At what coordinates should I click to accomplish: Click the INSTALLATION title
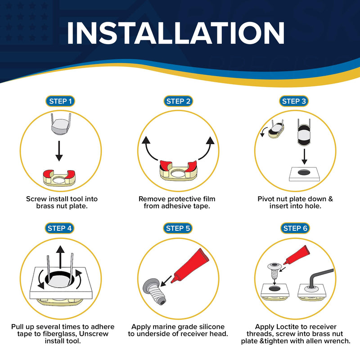(175, 33)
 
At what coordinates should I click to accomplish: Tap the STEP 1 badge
(60, 101)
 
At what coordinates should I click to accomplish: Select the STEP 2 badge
(178, 101)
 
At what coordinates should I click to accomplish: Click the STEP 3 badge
(294, 101)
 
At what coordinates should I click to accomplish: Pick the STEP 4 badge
(59, 228)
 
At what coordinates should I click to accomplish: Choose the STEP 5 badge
(178, 228)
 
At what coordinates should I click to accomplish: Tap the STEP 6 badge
(295, 228)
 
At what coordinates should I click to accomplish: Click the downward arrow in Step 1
(59, 151)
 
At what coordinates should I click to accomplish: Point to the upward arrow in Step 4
(60, 256)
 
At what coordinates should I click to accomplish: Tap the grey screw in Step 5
(154, 291)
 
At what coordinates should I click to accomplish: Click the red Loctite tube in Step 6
(297, 255)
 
